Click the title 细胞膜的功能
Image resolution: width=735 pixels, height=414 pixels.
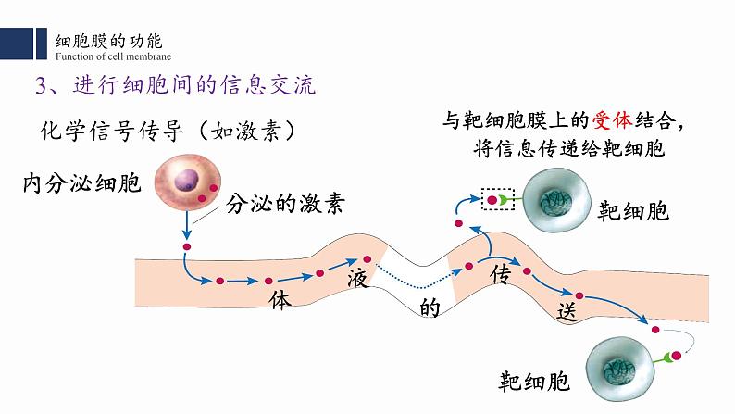click(x=108, y=41)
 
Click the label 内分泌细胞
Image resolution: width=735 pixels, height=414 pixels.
click(x=81, y=182)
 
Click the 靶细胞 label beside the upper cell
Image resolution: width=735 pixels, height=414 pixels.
click(x=634, y=211)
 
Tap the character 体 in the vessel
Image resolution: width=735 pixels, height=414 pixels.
click(x=280, y=301)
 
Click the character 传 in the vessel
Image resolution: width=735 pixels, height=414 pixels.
click(x=501, y=275)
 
